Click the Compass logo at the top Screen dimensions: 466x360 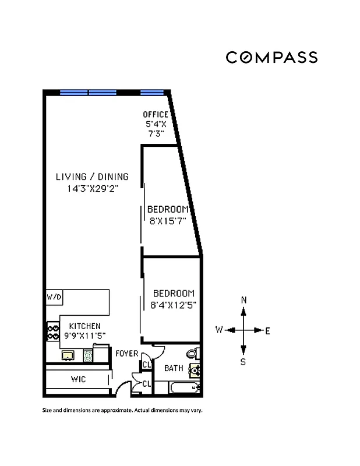point(271,57)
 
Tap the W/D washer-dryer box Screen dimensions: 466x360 point(54,297)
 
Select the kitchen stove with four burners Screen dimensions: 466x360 point(53,332)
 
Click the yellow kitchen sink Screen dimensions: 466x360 point(67,355)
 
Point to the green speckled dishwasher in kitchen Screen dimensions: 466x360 point(87,355)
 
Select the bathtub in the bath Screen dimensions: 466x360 point(183,387)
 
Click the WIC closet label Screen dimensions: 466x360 point(79,380)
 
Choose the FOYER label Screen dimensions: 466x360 point(126,354)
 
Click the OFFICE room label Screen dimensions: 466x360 point(156,115)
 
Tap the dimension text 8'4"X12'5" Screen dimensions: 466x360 point(174,304)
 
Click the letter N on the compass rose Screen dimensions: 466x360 point(244,300)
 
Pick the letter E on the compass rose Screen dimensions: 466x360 point(267,330)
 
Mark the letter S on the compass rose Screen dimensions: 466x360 point(243,362)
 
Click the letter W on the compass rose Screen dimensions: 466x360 point(219,330)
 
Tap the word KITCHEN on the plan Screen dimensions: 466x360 point(85,326)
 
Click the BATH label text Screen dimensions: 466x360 point(174,368)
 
